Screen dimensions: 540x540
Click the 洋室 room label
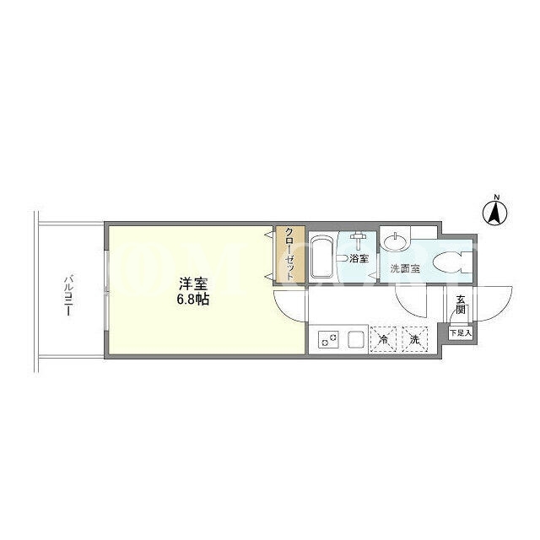point(193,283)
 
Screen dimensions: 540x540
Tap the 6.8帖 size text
point(193,300)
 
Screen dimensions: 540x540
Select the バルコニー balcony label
point(68,295)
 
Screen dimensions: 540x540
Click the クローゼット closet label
point(289,253)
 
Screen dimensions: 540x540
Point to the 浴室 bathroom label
point(359,258)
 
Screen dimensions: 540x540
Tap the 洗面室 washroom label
point(405,268)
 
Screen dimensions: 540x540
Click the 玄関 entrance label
point(461,305)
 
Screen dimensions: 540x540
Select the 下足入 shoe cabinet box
point(461,332)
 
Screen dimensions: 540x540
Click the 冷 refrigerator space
point(383,339)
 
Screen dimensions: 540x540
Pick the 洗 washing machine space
point(415,339)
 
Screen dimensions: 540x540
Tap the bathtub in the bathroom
point(321,256)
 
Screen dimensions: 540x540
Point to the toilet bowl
point(448,262)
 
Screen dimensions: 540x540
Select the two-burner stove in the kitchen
point(328,339)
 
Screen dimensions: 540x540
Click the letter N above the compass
point(496,197)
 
